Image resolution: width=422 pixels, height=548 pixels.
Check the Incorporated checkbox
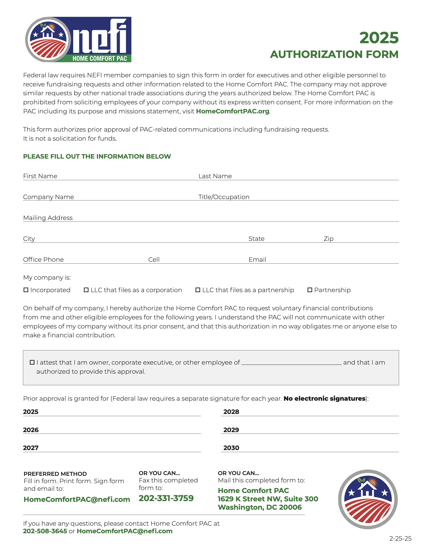click(x=26, y=290)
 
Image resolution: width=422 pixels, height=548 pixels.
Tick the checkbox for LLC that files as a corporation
click(x=86, y=290)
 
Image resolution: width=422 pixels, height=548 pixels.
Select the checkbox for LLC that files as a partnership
click(x=198, y=290)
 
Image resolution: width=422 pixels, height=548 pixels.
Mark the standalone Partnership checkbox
click(x=310, y=290)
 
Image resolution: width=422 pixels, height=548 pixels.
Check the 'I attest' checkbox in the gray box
click(x=32, y=362)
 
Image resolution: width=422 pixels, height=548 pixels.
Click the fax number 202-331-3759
click(x=166, y=498)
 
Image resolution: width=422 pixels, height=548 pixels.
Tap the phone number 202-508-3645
click(x=45, y=531)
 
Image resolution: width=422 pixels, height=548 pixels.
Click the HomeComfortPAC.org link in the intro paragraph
click(x=232, y=111)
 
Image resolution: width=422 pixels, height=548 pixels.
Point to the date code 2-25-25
click(x=400, y=538)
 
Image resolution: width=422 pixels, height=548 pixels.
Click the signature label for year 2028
click(x=231, y=412)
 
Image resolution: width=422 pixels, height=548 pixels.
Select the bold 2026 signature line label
click(x=31, y=430)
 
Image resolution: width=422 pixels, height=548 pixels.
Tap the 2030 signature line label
click(x=231, y=448)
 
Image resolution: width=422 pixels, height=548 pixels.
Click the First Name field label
click(x=40, y=176)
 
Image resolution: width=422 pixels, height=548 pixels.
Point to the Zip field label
click(x=328, y=239)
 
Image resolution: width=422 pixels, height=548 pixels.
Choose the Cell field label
click(x=154, y=260)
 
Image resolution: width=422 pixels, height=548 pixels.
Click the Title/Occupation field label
click(x=224, y=197)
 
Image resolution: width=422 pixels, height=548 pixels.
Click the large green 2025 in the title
click(x=379, y=38)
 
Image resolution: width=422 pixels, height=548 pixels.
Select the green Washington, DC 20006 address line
click(x=260, y=507)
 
